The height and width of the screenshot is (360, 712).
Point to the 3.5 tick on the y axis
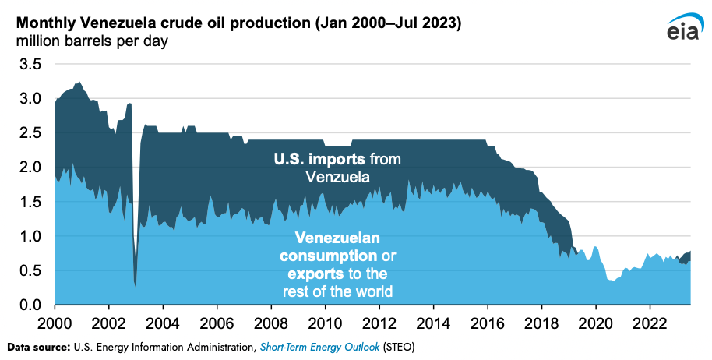click(30, 64)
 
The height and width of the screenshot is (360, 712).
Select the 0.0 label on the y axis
click(30, 305)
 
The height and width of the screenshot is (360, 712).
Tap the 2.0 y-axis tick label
click(30, 167)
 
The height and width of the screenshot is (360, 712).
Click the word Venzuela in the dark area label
click(338, 177)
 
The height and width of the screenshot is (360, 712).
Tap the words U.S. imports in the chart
click(319, 159)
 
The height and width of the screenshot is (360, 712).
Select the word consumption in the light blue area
click(328, 256)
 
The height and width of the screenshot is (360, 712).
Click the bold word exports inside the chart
click(315, 274)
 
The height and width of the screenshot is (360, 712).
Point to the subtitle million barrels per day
click(92, 41)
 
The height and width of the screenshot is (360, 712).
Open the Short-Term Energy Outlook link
click(319, 348)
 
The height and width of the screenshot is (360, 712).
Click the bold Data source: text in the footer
click(42, 348)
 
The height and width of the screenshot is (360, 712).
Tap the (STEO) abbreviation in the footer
click(399, 348)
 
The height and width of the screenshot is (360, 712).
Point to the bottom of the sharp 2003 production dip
click(136, 288)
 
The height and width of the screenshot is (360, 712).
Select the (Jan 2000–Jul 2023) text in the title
click(388, 23)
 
